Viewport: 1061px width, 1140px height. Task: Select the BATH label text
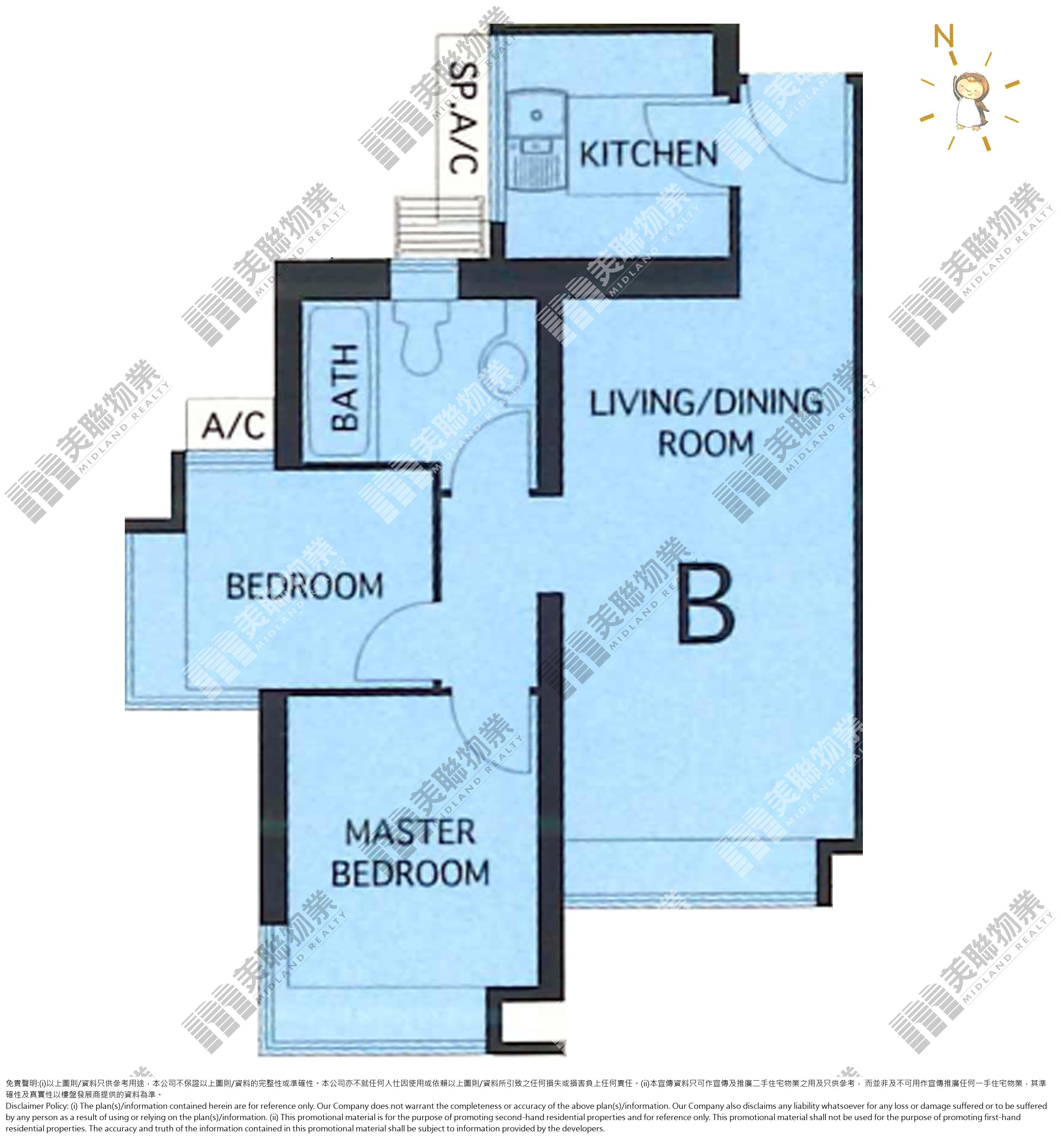point(345,387)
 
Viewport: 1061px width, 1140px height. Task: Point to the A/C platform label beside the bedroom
point(233,425)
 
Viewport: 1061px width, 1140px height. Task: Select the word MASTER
point(411,832)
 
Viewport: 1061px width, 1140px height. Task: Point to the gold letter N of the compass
point(943,36)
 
